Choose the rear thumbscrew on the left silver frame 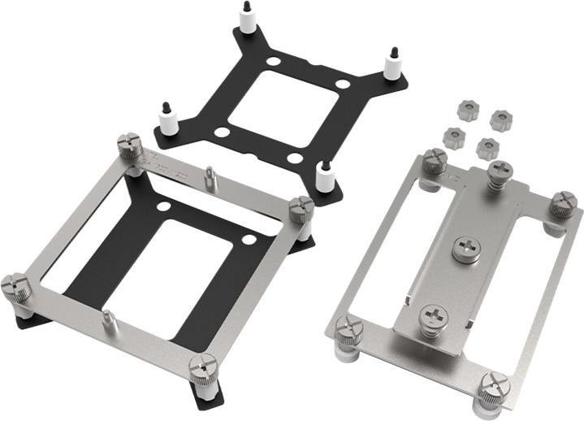130,147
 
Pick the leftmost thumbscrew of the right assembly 348,329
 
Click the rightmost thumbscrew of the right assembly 562,204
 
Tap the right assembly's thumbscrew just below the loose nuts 434,162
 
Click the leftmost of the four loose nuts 450,130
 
